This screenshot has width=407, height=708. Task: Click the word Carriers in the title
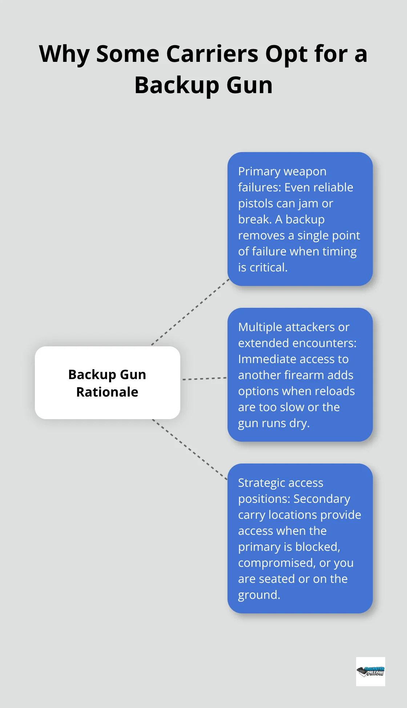pyautogui.click(x=212, y=54)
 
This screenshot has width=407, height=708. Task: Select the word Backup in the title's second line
pyautogui.click(x=177, y=85)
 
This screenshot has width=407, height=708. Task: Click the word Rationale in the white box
pyautogui.click(x=107, y=392)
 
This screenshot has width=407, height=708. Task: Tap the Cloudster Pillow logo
pyautogui.click(x=370, y=671)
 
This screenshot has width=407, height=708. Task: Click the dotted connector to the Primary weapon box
pyautogui.click(x=190, y=312)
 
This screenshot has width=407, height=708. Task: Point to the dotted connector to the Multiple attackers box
pyautogui.click(x=204, y=379)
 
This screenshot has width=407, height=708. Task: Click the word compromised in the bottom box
pyautogui.click(x=276, y=563)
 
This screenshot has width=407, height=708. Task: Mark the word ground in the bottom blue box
pyautogui.click(x=258, y=595)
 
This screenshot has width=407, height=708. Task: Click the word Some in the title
pyautogui.click(x=128, y=54)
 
